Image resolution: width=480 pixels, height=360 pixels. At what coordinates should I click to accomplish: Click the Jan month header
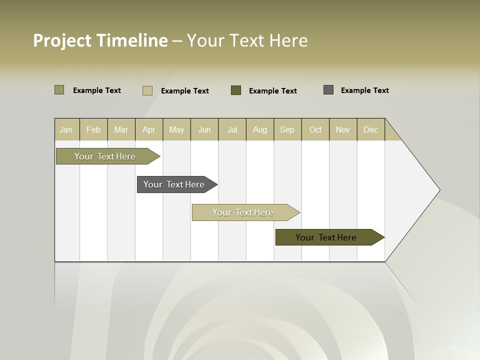[66, 129]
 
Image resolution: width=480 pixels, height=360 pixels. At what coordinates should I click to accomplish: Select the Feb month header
[93, 129]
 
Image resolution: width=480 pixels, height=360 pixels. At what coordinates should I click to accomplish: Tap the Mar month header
[121, 129]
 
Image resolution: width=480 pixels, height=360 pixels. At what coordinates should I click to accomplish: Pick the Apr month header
[149, 129]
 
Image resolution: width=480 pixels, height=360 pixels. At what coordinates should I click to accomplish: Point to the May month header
[176, 129]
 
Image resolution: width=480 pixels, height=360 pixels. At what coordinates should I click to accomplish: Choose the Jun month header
[204, 129]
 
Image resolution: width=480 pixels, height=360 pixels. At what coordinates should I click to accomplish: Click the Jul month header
[232, 129]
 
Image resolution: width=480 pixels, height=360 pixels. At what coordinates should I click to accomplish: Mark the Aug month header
[260, 129]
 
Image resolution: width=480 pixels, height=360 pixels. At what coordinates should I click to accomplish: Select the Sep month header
[287, 129]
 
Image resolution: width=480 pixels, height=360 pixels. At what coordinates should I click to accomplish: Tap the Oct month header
[315, 129]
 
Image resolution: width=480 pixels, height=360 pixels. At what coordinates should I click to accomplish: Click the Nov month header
[343, 129]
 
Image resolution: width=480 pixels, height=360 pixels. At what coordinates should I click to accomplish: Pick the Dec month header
[371, 129]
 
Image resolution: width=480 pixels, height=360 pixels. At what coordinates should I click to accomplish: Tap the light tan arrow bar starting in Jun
[243, 212]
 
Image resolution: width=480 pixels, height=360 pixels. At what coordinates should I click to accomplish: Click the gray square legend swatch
[328, 90]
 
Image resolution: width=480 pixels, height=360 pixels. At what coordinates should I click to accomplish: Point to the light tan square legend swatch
[147, 90]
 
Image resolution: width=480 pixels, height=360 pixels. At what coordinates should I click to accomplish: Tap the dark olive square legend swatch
[236, 90]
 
